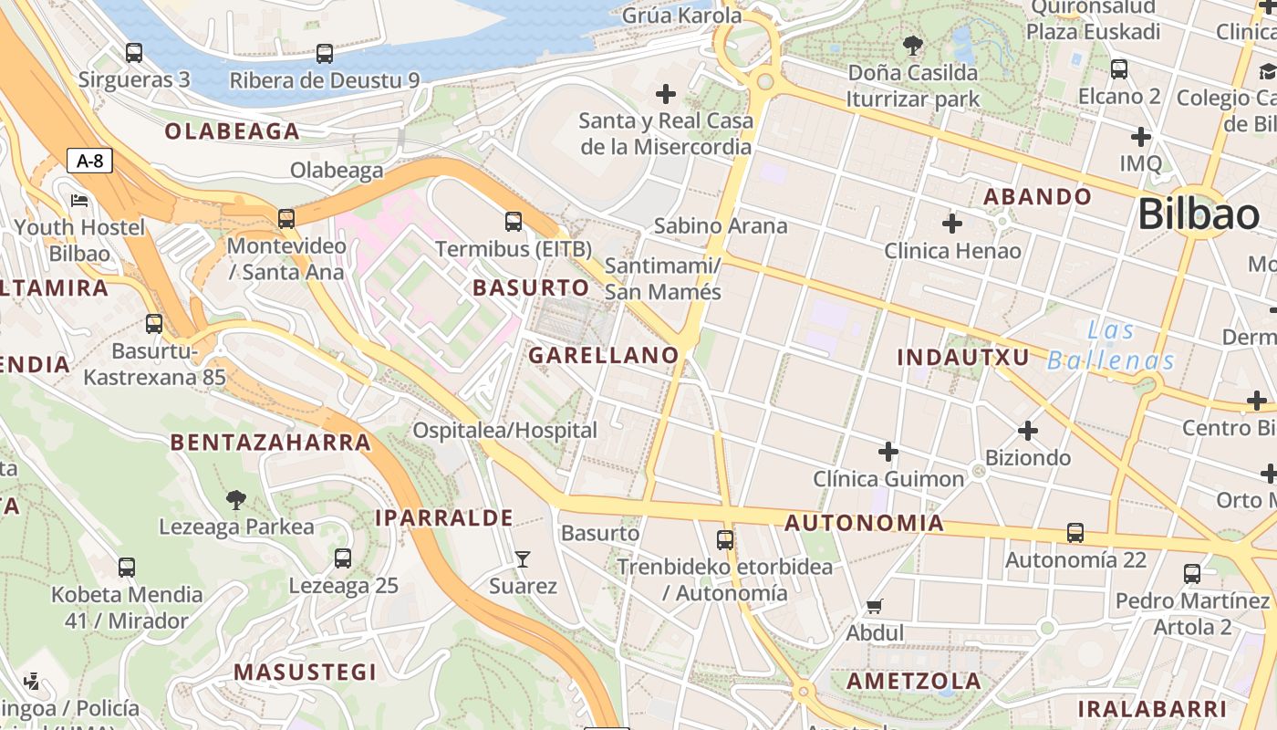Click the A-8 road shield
(x=90, y=162)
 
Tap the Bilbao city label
(x=1199, y=214)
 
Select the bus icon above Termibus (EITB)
(x=514, y=222)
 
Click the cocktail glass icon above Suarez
(x=523, y=558)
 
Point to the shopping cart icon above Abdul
(x=875, y=606)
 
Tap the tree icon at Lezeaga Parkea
(x=236, y=499)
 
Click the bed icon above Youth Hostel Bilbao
(x=79, y=200)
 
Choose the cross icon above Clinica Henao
(x=952, y=223)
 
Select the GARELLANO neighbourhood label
(x=604, y=356)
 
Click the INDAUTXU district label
(x=963, y=357)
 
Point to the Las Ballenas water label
(x=1111, y=345)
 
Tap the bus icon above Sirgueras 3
(x=134, y=53)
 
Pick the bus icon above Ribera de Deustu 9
(x=325, y=54)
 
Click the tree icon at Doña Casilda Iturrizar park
(x=912, y=45)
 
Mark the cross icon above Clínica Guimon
(x=888, y=452)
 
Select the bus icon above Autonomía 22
(x=1075, y=533)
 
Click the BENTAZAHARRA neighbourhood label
(x=271, y=443)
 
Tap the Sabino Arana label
(x=721, y=225)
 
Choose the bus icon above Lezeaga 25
(x=343, y=558)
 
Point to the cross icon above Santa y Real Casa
(x=666, y=93)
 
